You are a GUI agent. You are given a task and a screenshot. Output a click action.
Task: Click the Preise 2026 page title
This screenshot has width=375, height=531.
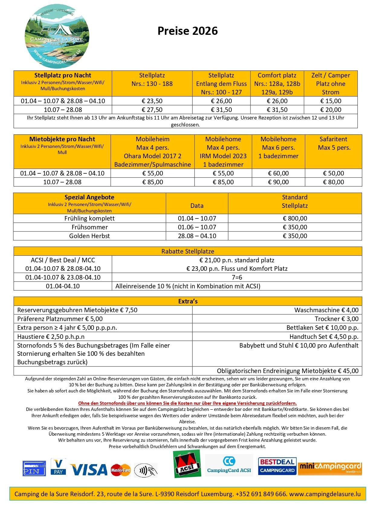(x=187, y=31)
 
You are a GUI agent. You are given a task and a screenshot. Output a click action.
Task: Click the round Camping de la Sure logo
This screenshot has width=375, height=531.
(x=57, y=36)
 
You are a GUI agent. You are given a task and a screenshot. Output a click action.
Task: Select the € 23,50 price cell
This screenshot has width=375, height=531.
(x=152, y=101)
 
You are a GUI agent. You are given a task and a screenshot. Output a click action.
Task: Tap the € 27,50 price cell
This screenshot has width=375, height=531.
(x=152, y=110)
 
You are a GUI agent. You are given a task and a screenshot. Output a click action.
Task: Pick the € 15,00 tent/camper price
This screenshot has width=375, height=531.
(x=331, y=101)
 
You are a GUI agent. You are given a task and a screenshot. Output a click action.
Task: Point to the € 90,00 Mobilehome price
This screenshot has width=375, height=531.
(x=278, y=182)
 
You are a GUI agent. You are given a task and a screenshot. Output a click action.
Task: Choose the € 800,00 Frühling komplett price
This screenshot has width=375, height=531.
(x=295, y=218)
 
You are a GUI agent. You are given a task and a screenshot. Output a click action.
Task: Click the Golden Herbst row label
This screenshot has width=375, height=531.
(x=89, y=236)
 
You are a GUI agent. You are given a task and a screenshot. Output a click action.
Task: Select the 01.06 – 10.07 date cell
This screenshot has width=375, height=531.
(x=197, y=227)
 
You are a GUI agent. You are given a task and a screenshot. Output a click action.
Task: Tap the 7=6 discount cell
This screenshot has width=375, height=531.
(x=237, y=277)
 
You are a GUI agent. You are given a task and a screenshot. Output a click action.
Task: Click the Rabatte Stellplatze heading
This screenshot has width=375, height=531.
(x=188, y=251)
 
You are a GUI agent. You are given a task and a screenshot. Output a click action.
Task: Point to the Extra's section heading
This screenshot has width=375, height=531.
(x=188, y=301)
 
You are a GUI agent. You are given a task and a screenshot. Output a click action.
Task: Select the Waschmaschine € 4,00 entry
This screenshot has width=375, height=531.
(x=326, y=310)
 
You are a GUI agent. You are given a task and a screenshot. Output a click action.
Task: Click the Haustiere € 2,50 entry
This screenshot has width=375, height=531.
(x=51, y=337)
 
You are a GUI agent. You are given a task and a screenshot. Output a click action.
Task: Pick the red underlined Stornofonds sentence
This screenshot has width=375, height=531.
(x=187, y=403)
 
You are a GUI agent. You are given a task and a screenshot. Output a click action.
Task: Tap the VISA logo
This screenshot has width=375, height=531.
(x=89, y=470)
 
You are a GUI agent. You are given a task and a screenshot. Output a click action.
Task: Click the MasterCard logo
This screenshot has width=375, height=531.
(x=121, y=470)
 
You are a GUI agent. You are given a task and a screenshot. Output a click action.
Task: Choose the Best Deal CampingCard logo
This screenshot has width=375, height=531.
(x=277, y=466)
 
